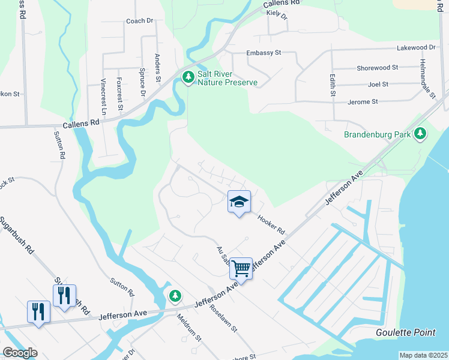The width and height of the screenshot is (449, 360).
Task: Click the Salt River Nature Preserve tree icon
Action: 188,77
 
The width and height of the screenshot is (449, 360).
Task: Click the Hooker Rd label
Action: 271,225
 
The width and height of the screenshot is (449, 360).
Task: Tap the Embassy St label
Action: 264,53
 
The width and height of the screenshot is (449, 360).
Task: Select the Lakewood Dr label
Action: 416,47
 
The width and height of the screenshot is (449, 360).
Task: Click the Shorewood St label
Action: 378,68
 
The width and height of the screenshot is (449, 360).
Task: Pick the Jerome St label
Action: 363,102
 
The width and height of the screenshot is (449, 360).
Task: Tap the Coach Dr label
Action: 140,20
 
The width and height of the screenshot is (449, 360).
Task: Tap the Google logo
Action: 20,353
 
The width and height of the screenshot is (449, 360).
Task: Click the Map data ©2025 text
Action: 423,355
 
